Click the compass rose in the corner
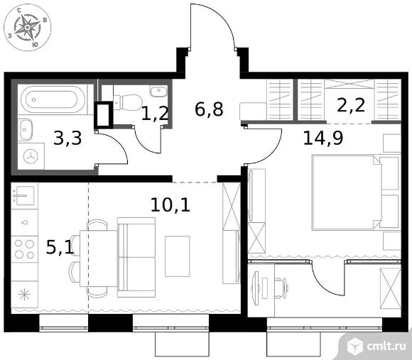click(x=27, y=27)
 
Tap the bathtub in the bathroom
click(x=53, y=100)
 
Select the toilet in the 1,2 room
click(x=128, y=102)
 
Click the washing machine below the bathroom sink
click(x=31, y=156)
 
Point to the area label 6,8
click(x=209, y=109)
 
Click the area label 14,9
click(x=323, y=138)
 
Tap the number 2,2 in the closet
click(x=351, y=105)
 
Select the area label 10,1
click(x=170, y=204)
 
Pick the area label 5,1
click(x=60, y=247)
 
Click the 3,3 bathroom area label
click(x=67, y=138)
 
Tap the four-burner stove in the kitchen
click(x=24, y=249)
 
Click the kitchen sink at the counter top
click(x=24, y=196)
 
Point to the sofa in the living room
click(x=136, y=257)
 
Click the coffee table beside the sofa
click(x=178, y=256)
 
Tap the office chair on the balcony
click(x=281, y=288)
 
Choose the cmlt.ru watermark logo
click(x=376, y=346)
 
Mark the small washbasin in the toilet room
click(x=158, y=91)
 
